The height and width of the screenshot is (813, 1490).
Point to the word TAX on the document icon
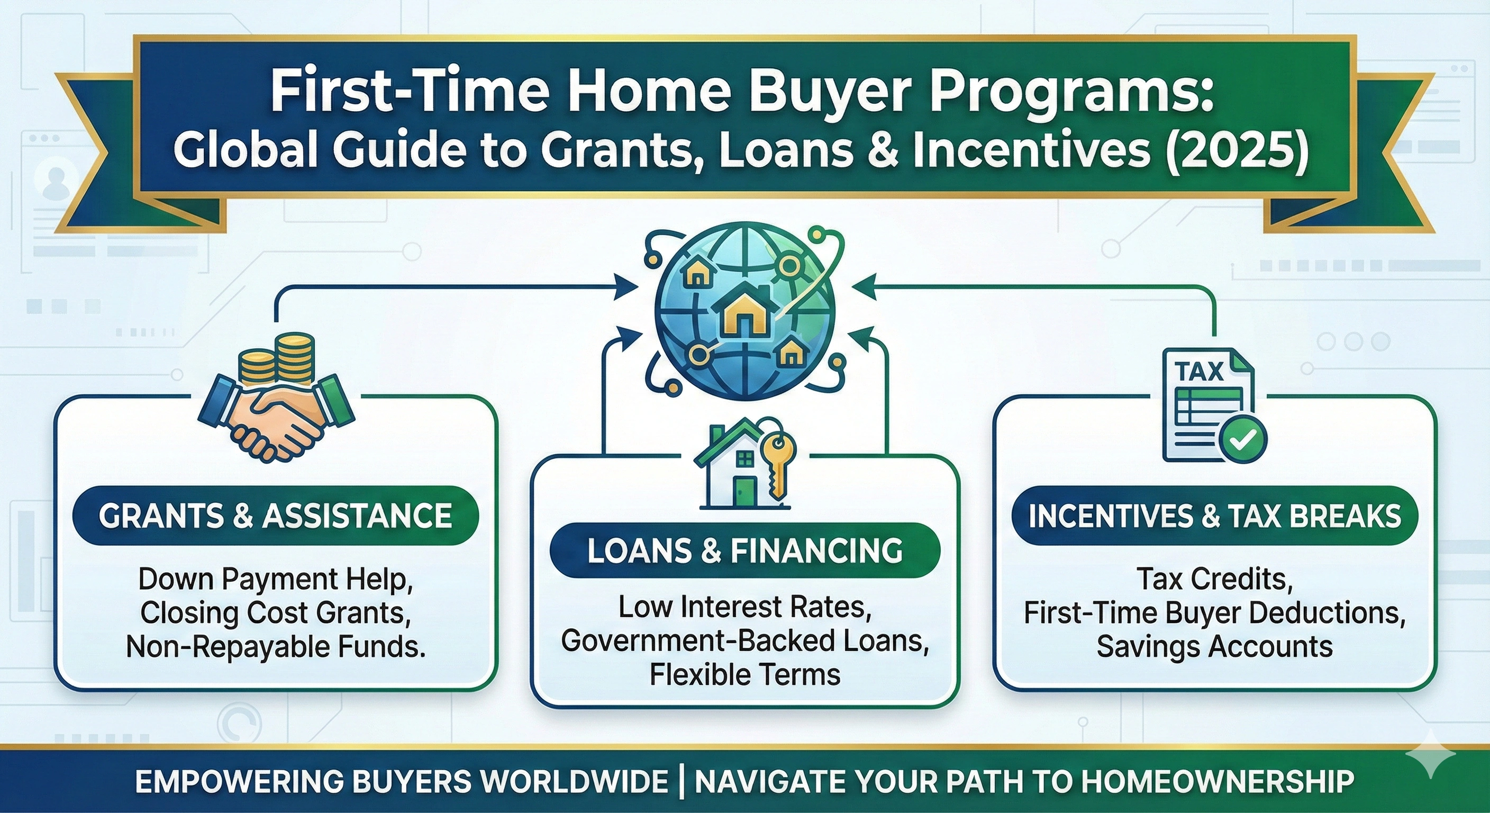tap(1200, 371)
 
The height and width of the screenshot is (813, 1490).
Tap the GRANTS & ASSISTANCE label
tap(275, 516)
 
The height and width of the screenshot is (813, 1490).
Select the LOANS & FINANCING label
tap(744, 550)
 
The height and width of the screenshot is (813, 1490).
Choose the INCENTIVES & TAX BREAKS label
tap(1215, 516)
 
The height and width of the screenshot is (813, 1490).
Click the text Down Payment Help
tap(275, 580)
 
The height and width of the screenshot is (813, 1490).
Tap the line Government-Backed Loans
tap(744, 641)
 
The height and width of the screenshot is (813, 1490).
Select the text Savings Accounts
tap(1215, 646)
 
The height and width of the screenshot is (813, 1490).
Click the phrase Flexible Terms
tap(744, 675)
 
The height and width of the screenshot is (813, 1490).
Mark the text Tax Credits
tap(1215, 579)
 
